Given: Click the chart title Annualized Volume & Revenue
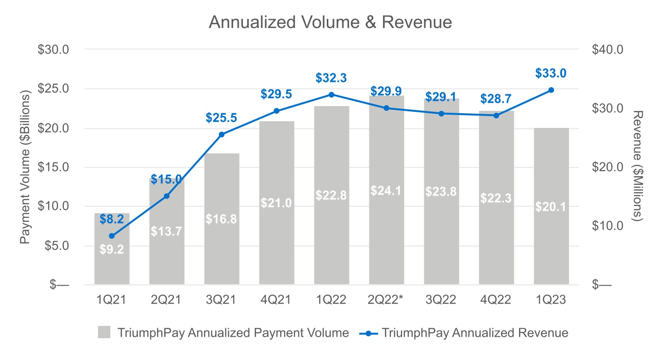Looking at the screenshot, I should click(x=330, y=22).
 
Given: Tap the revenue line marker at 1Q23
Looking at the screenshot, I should click(x=551, y=90).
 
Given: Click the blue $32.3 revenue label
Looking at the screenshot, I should click(x=331, y=78).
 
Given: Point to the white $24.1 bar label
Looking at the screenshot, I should click(x=386, y=191).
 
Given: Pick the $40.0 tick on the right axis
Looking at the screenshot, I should click(x=607, y=49).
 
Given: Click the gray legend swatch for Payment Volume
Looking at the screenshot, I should click(x=104, y=333).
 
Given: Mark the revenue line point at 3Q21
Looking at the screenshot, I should click(x=221, y=135).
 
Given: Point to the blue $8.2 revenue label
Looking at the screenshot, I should click(x=112, y=218).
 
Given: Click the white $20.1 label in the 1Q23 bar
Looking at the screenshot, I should click(x=551, y=207).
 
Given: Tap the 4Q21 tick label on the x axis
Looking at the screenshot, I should click(x=276, y=300).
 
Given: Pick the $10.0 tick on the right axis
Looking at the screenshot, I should click(x=607, y=225).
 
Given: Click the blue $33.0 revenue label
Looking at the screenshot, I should click(x=551, y=73).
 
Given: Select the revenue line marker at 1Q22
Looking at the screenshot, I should click(x=331, y=95).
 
